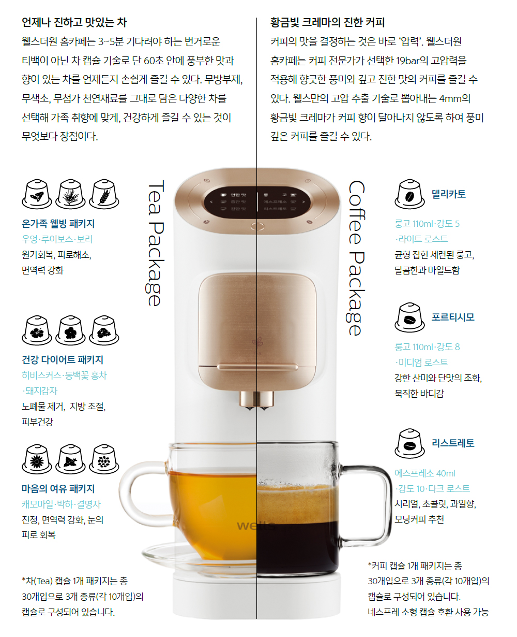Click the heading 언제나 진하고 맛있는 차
[x=74, y=23]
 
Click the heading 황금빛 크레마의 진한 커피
[x=327, y=23]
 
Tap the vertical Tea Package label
[x=155, y=243]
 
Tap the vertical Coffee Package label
[x=356, y=258]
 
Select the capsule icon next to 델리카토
[x=409, y=194]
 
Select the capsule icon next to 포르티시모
[x=409, y=317]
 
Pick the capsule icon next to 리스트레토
[x=409, y=443]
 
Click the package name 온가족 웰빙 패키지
[x=58, y=224]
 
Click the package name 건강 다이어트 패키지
[x=63, y=360]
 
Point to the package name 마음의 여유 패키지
[x=58, y=489]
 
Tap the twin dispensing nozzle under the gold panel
[x=257, y=400]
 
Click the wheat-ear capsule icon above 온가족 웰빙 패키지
[x=104, y=194]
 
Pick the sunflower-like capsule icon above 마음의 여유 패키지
[x=37, y=459]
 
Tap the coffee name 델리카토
[x=449, y=194]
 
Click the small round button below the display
[x=257, y=226]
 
